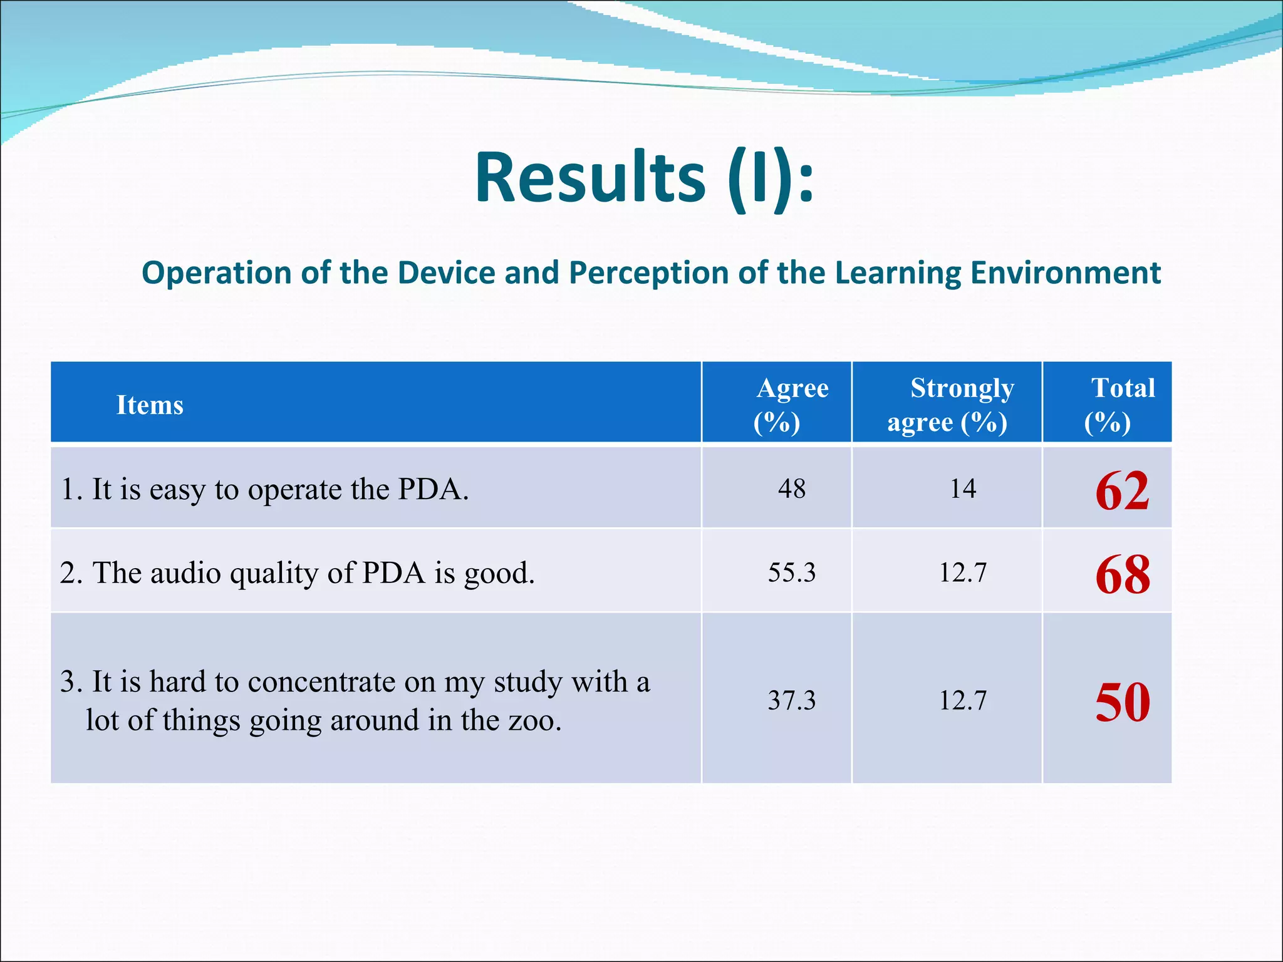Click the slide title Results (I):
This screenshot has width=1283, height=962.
pyautogui.click(x=645, y=178)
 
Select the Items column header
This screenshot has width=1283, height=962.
pyautogui.click(x=150, y=405)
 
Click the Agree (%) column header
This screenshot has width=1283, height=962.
pyautogui.click(x=791, y=405)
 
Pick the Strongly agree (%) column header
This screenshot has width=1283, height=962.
pyautogui.click(x=950, y=405)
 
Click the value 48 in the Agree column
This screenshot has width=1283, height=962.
pyautogui.click(x=792, y=489)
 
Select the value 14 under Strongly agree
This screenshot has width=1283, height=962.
pyautogui.click(x=963, y=489)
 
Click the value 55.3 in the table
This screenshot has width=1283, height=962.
pyautogui.click(x=792, y=572)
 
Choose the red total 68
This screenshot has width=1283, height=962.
pyautogui.click(x=1122, y=575)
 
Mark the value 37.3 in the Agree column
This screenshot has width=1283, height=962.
pyautogui.click(x=792, y=700)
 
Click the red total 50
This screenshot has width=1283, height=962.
pyautogui.click(x=1122, y=703)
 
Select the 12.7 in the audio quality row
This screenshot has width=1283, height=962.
pyautogui.click(x=963, y=572)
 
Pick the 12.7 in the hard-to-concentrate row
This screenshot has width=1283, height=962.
pyautogui.click(x=963, y=700)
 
